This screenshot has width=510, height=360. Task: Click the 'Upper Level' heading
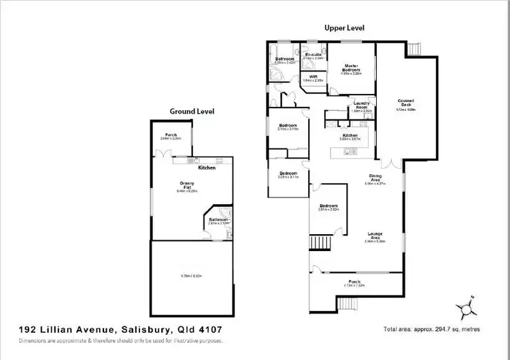coord(344,29)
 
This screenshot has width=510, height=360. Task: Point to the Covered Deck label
coord(406,103)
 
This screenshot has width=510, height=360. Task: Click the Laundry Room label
coord(361,105)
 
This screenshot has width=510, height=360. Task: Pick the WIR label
coord(313,76)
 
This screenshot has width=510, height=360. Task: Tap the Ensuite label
coord(313,54)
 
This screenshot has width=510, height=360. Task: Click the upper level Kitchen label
coord(350,135)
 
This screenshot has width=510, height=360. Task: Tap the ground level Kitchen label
coord(207,167)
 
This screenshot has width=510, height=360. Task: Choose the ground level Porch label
coord(171,135)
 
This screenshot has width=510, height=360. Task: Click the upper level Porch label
coord(354,282)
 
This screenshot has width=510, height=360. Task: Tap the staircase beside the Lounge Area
coord(320,242)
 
